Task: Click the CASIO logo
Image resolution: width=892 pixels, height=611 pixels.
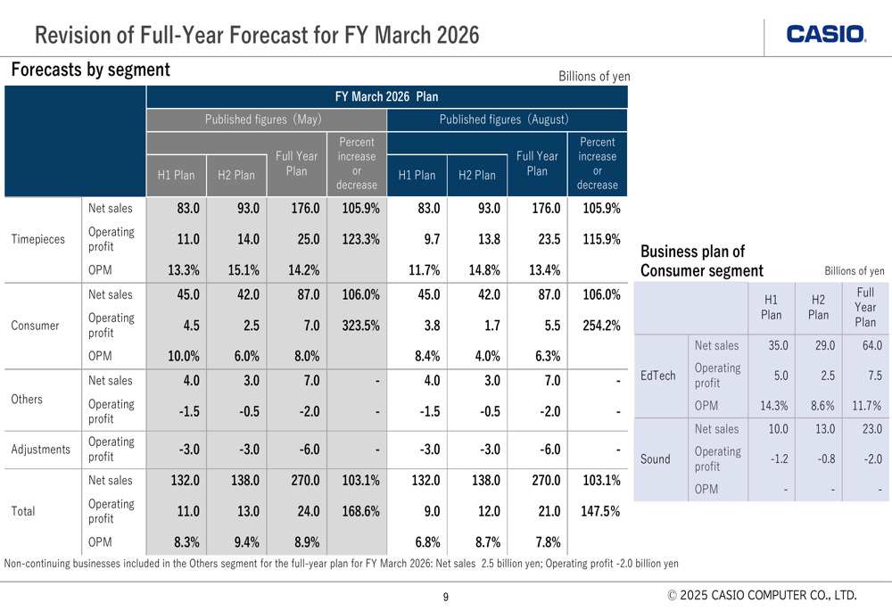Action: (826, 35)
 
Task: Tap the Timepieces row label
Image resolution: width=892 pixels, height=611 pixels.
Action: (38, 239)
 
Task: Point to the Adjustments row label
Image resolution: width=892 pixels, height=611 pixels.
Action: (41, 450)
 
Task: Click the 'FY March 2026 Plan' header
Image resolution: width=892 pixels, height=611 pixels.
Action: (386, 96)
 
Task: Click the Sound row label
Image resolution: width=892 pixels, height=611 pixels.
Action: (656, 459)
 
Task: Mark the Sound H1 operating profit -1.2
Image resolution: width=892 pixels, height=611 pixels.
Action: (775, 459)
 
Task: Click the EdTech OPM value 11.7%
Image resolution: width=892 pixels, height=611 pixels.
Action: (866, 405)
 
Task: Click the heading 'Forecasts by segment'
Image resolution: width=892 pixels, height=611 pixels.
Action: (90, 70)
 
